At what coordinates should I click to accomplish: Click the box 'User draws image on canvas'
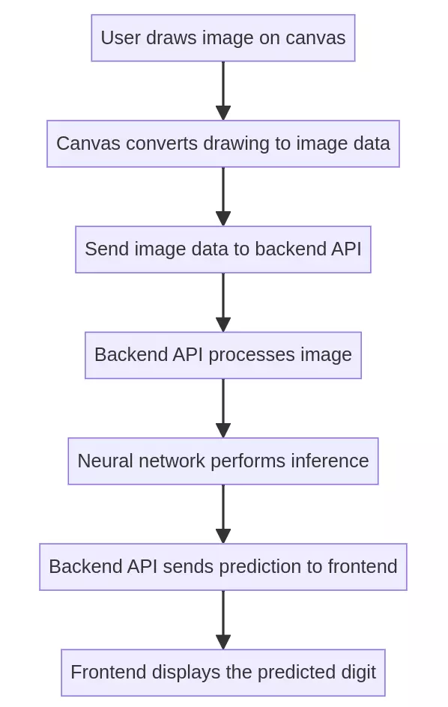tap(223, 37)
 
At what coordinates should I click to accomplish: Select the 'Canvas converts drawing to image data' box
tap(223, 143)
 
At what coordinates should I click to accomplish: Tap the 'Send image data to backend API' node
tap(223, 249)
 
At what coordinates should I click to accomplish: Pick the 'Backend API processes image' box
tap(223, 355)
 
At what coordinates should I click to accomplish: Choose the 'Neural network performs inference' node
tap(223, 461)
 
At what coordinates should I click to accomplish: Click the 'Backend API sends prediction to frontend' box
tap(223, 566)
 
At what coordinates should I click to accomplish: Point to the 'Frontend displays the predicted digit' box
tap(223, 673)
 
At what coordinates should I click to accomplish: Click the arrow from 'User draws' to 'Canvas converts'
tap(223, 90)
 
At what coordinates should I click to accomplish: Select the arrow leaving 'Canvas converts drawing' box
tap(223, 195)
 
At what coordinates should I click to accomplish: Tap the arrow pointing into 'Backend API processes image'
tap(223, 302)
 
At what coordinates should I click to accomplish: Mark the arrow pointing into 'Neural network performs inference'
tap(223, 407)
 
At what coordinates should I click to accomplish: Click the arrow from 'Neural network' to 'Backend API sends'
tap(223, 513)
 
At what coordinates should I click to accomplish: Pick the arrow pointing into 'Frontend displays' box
tap(223, 619)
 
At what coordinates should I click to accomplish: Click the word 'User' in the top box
tap(118, 37)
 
